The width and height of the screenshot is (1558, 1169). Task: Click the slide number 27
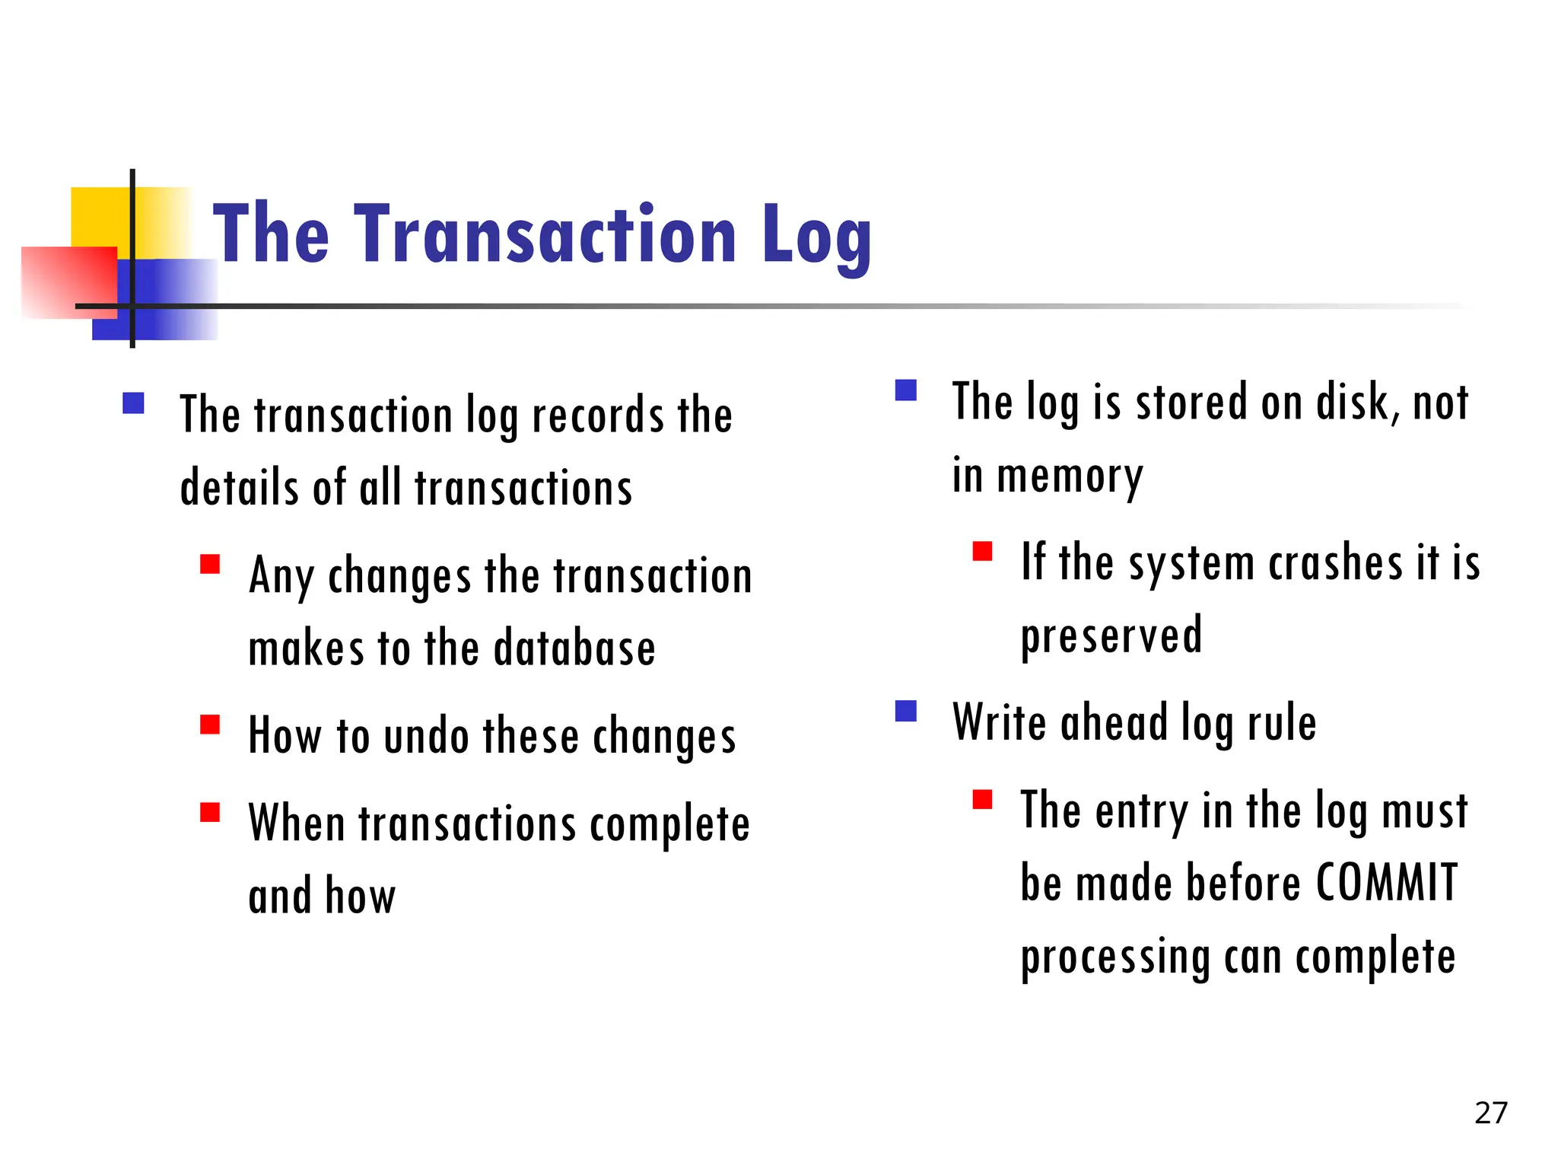coord(1490,1113)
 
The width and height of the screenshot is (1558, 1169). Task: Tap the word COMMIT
coord(1386,884)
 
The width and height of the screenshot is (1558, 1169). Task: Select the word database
coord(574,649)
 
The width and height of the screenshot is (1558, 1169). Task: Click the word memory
coord(1070,477)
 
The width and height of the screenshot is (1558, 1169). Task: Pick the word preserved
coord(1111,635)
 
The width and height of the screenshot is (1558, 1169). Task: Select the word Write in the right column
coord(1000,722)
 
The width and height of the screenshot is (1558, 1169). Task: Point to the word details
coord(240,488)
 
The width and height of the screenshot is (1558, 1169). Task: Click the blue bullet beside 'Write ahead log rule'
coord(906,711)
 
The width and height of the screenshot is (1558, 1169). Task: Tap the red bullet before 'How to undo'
coord(210,724)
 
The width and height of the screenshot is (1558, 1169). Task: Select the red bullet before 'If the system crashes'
coord(982,551)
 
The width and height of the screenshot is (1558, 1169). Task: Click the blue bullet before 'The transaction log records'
coord(134,403)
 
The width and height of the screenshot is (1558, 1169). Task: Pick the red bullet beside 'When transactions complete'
coord(210,813)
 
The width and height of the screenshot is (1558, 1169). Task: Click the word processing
coord(1114,958)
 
